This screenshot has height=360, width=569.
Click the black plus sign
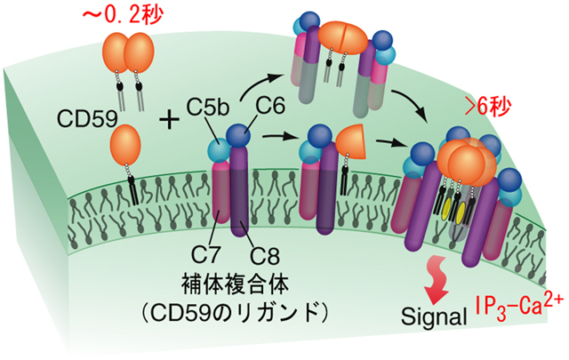[x=169, y=117]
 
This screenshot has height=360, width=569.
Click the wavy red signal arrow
[x=438, y=276]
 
